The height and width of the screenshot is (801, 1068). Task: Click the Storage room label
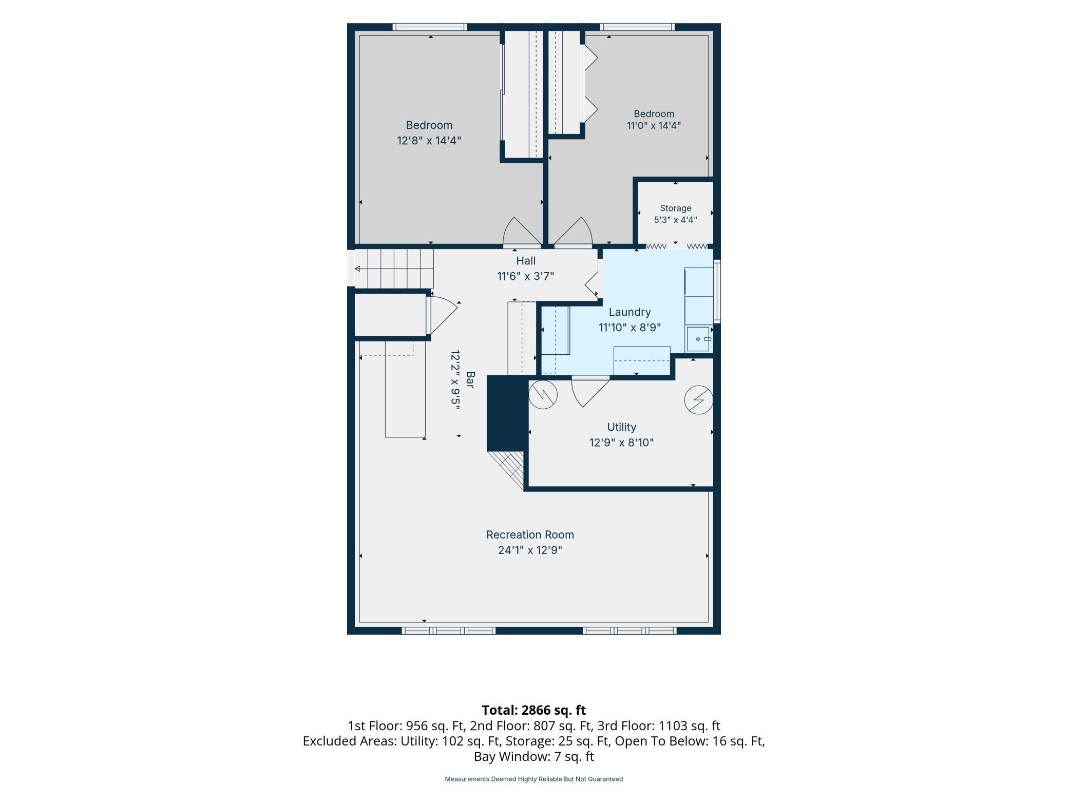[x=675, y=208]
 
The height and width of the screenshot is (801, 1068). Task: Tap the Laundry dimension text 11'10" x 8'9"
[x=630, y=327]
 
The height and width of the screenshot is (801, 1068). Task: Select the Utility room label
[x=621, y=427]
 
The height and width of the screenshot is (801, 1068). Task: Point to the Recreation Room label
[x=530, y=535]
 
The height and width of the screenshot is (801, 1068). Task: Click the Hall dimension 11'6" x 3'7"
[x=525, y=276]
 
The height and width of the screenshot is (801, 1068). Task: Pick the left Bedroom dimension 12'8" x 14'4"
[x=429, y=140]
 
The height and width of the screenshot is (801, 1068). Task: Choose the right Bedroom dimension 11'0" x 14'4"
[x=654, y=125]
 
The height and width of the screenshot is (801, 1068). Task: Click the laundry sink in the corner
[x=699, y=339]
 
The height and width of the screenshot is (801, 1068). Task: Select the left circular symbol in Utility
[x=543, y=394]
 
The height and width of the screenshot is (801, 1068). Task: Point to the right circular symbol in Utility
[x=699, y=399]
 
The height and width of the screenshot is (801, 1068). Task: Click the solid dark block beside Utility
[x=507, y=413]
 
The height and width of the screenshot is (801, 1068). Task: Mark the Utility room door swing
[x=590, y=391]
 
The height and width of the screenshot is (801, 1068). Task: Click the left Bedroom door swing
[x=522, y=232]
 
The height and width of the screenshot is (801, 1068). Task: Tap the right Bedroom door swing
[x=573, y=232]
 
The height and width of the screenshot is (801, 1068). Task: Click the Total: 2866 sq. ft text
[x=533, y=710]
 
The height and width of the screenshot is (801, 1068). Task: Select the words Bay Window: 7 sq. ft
[x=533, y=756]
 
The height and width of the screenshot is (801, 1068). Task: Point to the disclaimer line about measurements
[x=533, y=779]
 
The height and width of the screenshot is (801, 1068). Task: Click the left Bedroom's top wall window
[x=430, y=27]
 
